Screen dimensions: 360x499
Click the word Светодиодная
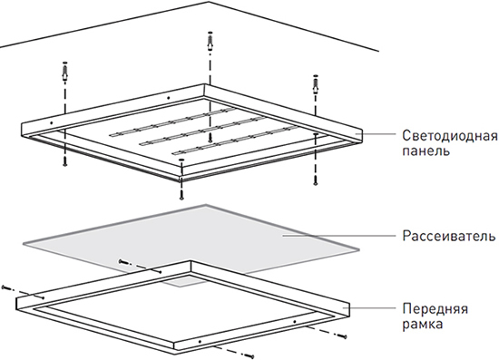click(448, 135)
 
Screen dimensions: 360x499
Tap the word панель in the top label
click(425, 151)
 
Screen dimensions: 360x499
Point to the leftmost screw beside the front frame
click(8, 287)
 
